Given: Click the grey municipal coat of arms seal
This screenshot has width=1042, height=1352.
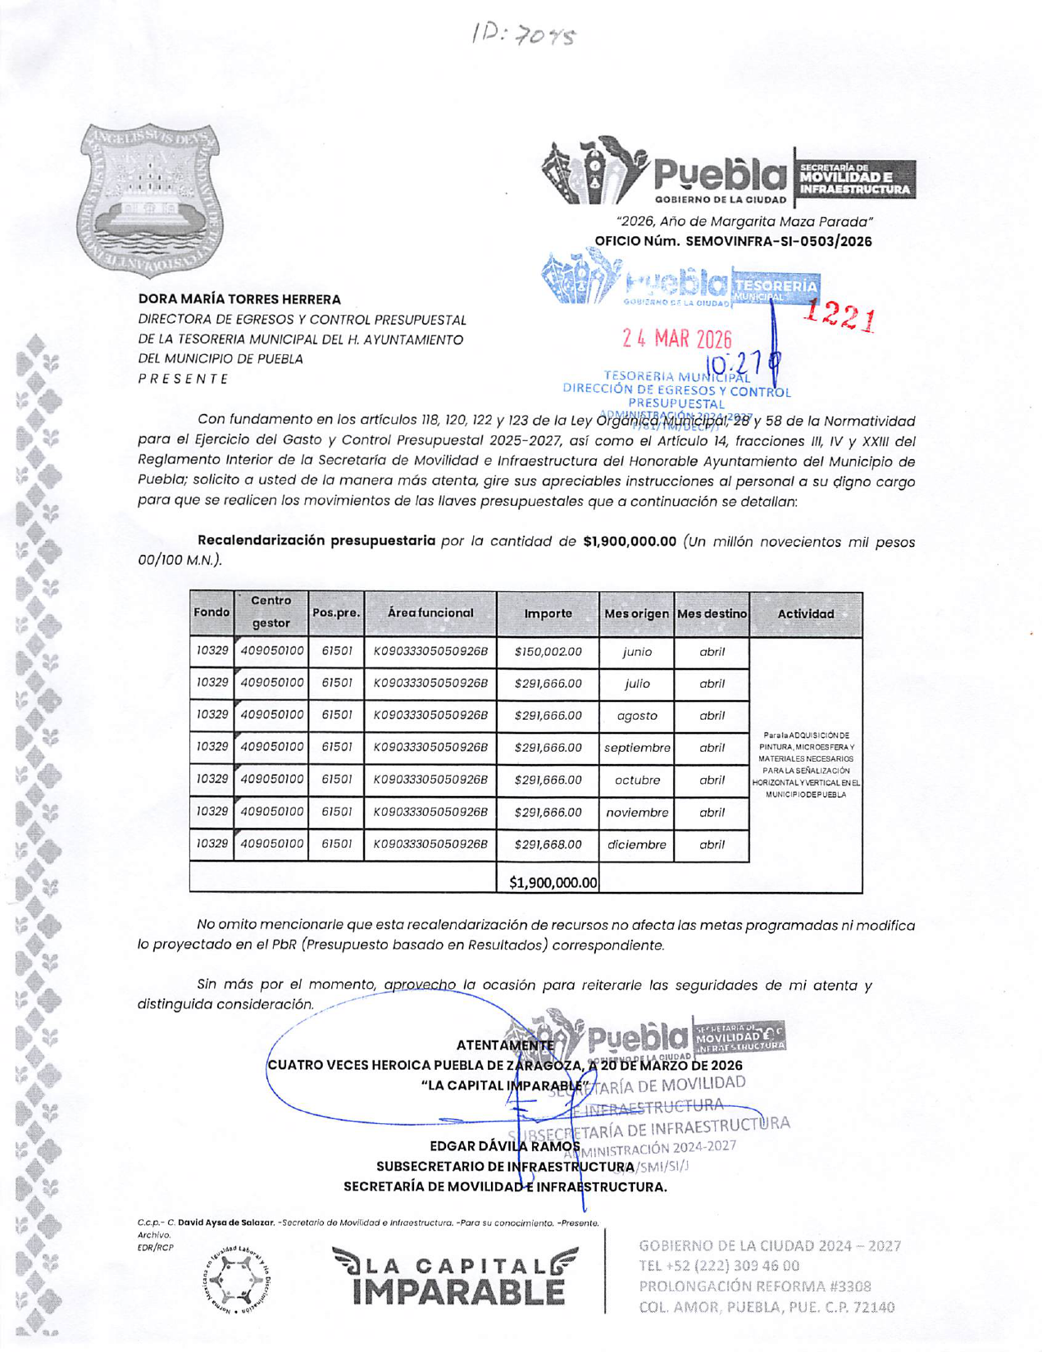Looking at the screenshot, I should coord(151,201).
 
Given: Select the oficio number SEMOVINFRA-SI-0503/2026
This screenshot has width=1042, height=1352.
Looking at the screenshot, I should coord(778,241).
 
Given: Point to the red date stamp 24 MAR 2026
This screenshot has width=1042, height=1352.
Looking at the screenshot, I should coord(677,339).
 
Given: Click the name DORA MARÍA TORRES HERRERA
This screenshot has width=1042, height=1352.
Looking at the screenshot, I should coord(239,299).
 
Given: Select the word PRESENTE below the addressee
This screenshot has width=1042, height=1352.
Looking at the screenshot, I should coord(183,379).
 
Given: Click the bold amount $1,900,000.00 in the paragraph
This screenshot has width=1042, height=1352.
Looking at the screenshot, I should coord(629,541).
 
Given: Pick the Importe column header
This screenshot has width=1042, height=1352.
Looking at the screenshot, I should coord(548,613).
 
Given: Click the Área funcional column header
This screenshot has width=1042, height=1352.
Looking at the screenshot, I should coord(430,612).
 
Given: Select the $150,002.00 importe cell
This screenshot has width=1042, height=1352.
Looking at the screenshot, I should coord(548,652).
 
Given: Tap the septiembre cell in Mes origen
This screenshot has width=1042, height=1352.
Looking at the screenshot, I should coord(637,748).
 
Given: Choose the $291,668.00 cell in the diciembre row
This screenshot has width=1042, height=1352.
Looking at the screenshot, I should coord(548,844).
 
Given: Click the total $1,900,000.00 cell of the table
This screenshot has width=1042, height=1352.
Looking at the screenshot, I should coord(553,882).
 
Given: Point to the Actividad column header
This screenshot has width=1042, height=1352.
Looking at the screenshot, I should coord(805,613).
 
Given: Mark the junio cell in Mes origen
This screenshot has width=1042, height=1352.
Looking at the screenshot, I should coord(637,652).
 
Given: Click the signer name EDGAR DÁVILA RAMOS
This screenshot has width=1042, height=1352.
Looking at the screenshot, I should coord(505,1145).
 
